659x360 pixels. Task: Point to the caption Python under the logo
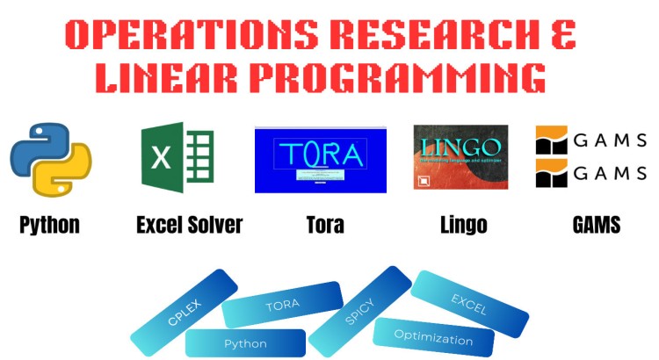[x=49, y=225]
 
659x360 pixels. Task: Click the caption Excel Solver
[x=189, y=225]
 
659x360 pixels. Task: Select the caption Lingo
[x=463, y=225]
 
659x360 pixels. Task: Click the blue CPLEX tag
[x=185, y=313]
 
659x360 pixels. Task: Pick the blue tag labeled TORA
[x=282, y=305]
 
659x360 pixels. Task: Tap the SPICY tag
[x=359, y=310]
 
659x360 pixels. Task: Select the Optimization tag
[x=433, y=339]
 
